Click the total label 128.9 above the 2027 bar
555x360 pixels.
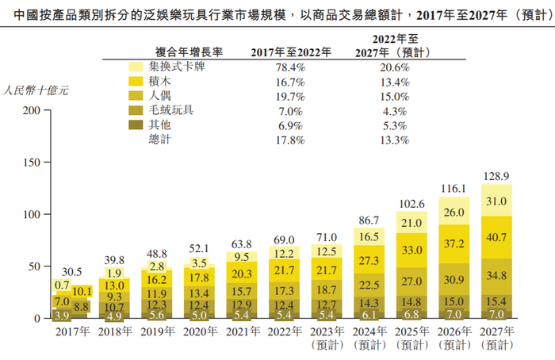click(496, 174)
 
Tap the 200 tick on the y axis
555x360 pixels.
click(32, 110)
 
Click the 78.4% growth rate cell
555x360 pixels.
click(289, 67)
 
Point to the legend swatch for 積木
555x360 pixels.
click(135, 82)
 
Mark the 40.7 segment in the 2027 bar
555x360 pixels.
click(496, 236)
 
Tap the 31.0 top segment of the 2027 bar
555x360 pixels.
click(496, 201)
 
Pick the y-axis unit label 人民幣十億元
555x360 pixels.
click(36, 90)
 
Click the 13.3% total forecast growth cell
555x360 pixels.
click(394, 140)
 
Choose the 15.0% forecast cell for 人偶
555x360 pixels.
click(394, 96)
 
